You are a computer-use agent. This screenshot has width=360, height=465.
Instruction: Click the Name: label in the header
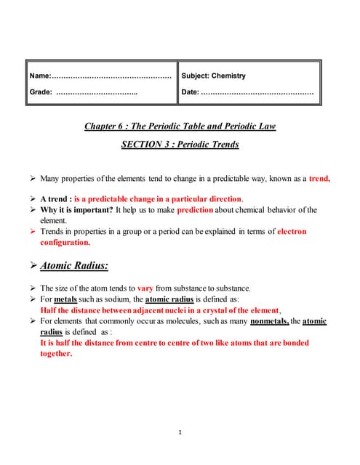coord(40,76)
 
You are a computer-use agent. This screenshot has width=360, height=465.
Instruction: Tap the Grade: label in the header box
coord(41,92)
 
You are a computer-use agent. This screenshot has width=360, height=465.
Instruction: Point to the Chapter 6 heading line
coord(180,126)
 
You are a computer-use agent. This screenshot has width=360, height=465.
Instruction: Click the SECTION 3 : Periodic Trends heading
coord(180,144)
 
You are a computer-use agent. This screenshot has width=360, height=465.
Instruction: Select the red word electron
coord(292,231)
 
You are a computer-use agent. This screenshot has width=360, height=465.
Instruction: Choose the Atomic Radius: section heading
coord(74,266)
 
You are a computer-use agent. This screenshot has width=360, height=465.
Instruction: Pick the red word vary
coord(145,288)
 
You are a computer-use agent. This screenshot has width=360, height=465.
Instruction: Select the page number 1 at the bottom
coord(180,433)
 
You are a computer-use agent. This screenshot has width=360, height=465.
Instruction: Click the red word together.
coord(56,353)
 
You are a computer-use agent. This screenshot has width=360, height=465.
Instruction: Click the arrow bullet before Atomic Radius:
coord(31,267)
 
